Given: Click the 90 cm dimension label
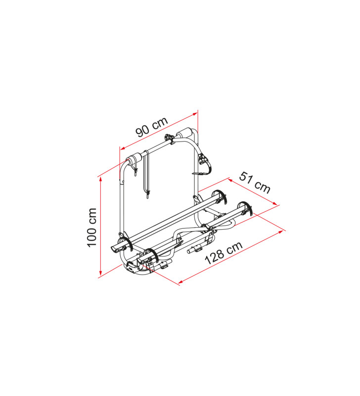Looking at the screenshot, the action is (152, 127).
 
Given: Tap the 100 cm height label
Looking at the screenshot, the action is (92, 228).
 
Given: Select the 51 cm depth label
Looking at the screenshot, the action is (255, 182).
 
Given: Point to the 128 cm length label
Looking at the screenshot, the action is (224, 252).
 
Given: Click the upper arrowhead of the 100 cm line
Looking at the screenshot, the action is (101, 179).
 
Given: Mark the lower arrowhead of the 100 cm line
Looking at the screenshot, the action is (100, 273).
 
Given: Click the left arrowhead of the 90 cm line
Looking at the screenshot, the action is (123, 148).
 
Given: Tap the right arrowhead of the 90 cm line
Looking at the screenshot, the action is (195, 114).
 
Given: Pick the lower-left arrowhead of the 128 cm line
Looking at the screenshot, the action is (180, 282).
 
